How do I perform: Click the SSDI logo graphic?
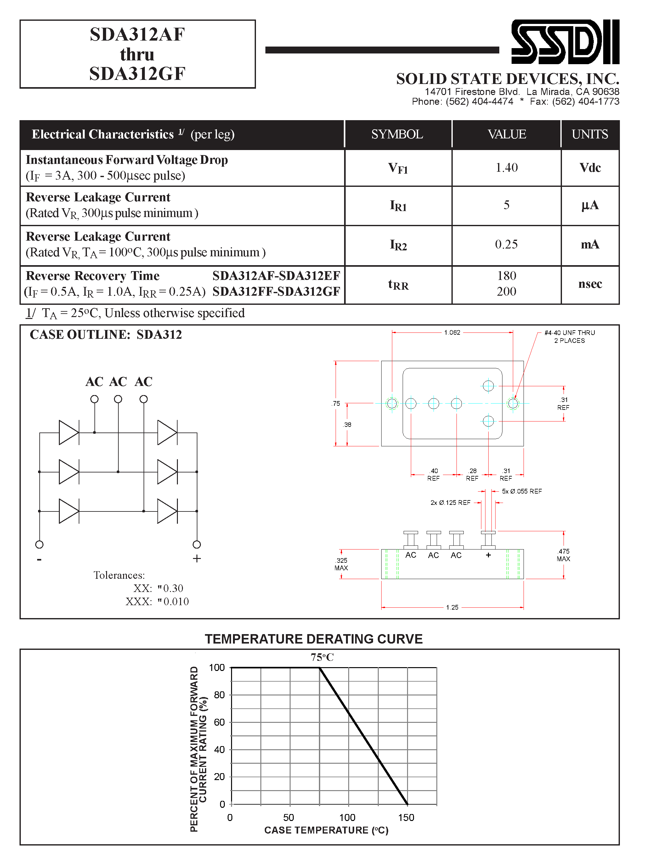[x=565, y=42]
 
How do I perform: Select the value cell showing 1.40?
[x=507, y=168]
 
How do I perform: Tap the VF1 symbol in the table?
[x=398, y=168]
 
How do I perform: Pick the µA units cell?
[x=590, y=205]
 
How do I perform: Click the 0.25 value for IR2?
[x=506, y=244]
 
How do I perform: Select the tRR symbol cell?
[x=398, y=284]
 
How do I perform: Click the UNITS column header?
[x=589, y=134]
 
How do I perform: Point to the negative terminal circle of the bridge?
[x=39, y=544]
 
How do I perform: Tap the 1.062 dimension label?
[x=452, y=332]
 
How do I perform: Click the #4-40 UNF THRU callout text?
[x=569, y=333]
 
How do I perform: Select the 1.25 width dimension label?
[x=452, y=607]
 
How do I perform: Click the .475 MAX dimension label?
[x=563, y=555]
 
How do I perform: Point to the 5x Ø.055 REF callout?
[x=522, y=491]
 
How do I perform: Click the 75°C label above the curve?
[x=322, y=657]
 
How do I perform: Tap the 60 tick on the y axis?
[x=219, y=722]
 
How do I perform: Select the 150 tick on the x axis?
[x=406, y=818]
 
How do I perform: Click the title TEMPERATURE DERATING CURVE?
[x=314, y=639]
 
